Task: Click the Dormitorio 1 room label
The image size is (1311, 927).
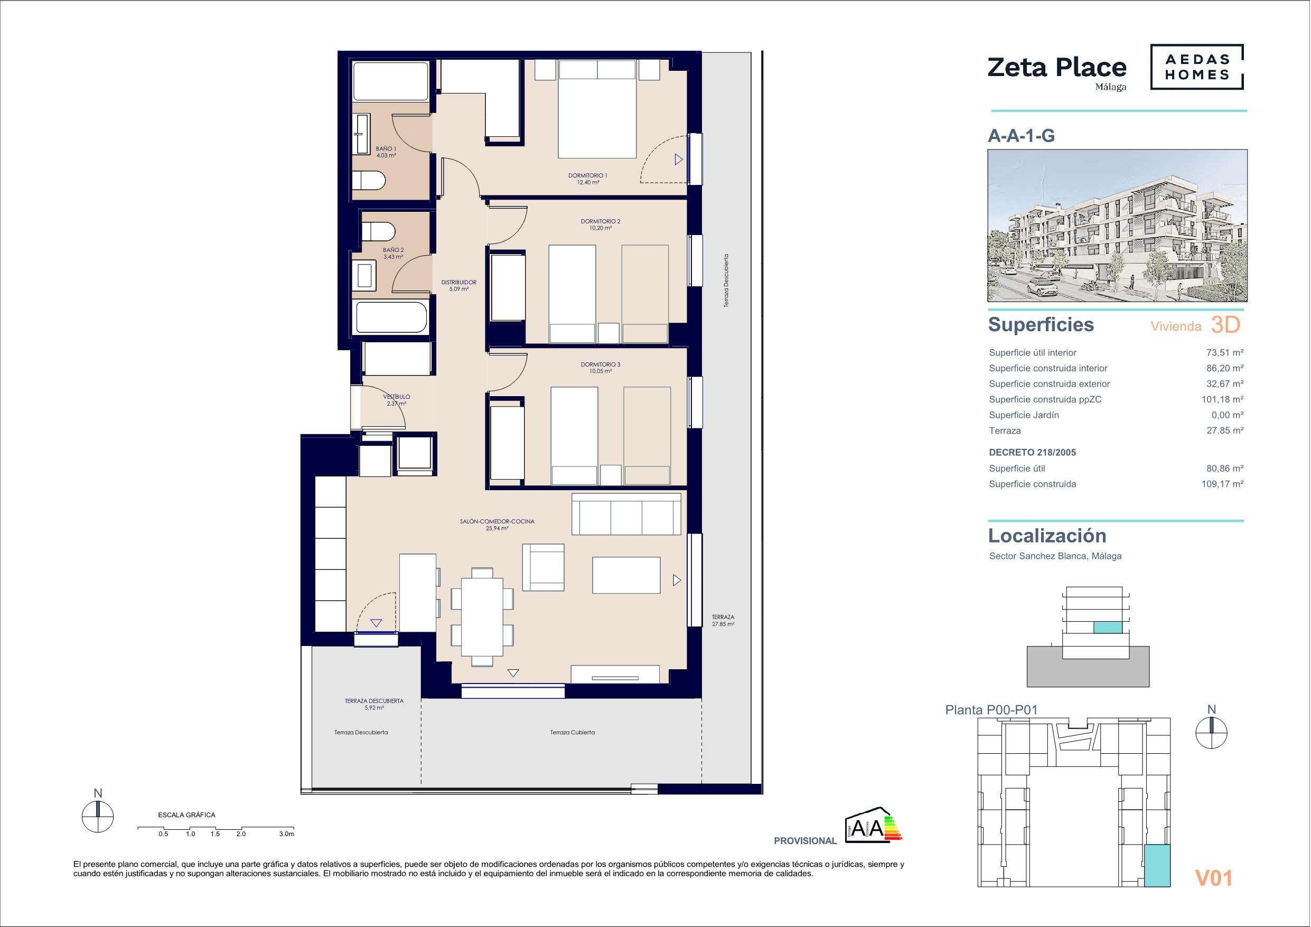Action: [587, 179]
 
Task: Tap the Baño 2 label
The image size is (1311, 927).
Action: [394, 253]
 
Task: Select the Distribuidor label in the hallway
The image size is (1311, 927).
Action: [458, 286]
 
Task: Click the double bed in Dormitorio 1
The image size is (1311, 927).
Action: [597, 109]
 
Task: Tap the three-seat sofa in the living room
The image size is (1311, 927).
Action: [626, 514]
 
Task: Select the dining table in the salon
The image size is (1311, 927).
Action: [482, 616]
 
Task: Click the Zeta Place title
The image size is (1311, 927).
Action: [1057, 68]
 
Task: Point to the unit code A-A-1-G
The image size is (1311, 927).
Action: [1022, 136]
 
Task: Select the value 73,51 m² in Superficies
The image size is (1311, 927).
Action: [1221, 353]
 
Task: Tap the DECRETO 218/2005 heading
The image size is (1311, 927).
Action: [1032, 452]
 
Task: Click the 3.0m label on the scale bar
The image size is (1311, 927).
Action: [287, 834]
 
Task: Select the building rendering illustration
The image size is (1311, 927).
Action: [1118, 226]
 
